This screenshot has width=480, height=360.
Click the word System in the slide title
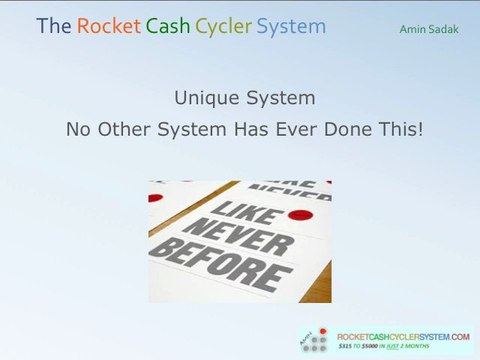coord(291,26)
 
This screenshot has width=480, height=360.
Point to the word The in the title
coord(51,26)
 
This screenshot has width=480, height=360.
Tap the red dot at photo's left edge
coord(155,198)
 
